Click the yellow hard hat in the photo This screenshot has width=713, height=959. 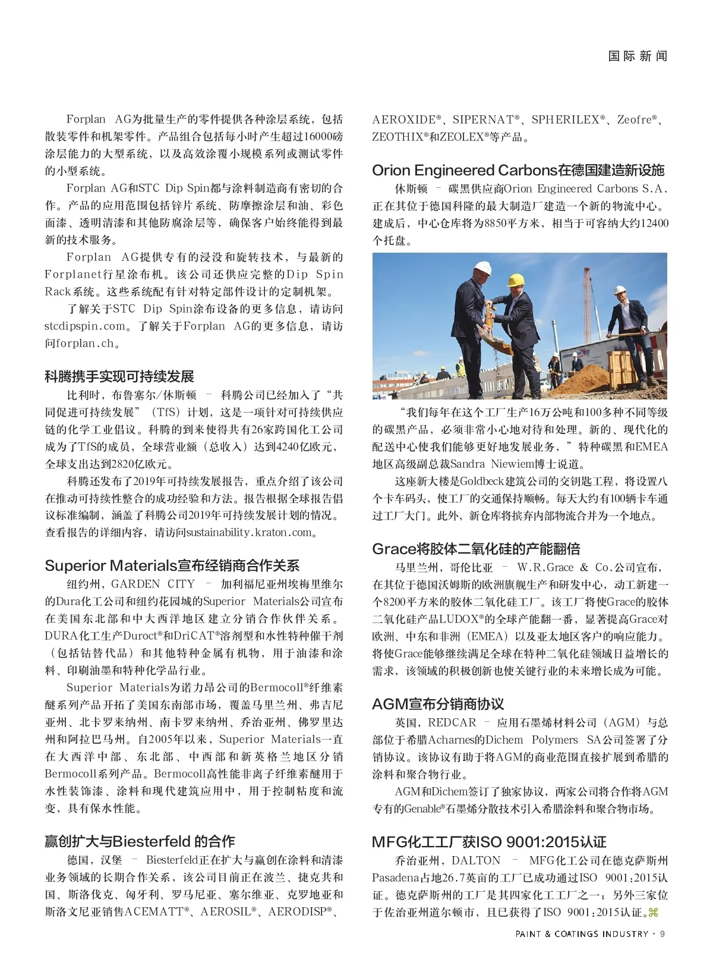(516, 280)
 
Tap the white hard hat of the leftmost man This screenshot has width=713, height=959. (483, 268)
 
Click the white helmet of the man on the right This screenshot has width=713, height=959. (620, 290)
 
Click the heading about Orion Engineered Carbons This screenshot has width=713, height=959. (518, 171)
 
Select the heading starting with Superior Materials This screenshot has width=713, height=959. (172, 565)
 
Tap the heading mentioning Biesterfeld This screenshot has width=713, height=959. (140, 841)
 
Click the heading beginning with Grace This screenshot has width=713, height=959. (476, 549)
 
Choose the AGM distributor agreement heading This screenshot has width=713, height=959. (438, 704)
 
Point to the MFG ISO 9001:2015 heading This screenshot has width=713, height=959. (489, 842)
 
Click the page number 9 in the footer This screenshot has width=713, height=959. (662, 934)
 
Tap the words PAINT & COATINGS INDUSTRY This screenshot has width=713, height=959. (582, 934)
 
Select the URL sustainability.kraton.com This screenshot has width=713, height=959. (250, 533)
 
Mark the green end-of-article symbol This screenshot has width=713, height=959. (653, 913)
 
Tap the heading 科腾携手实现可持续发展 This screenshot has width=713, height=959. (119, 376)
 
